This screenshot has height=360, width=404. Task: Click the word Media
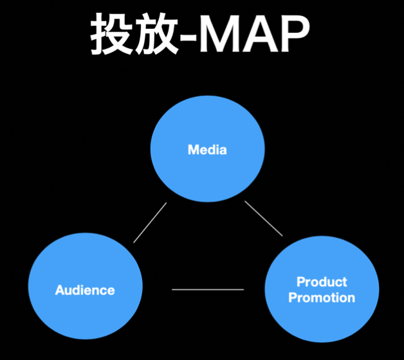click(207, 150)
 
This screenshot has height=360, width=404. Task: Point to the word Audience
click(85, 290)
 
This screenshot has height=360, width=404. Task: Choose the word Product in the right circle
click(322, 282)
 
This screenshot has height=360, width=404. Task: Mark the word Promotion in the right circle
click(322, 298)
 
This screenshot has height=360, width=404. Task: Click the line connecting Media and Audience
click(150, 222)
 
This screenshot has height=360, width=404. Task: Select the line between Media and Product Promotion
click(264, 219)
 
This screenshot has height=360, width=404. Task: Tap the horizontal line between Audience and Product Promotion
click(208, 290)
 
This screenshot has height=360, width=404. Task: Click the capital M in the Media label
click(192, 150)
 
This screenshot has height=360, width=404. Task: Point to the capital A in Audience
click(59, 290)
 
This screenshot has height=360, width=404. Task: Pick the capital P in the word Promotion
click(292, 298)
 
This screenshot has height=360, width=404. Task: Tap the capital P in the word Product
click(300, 282)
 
